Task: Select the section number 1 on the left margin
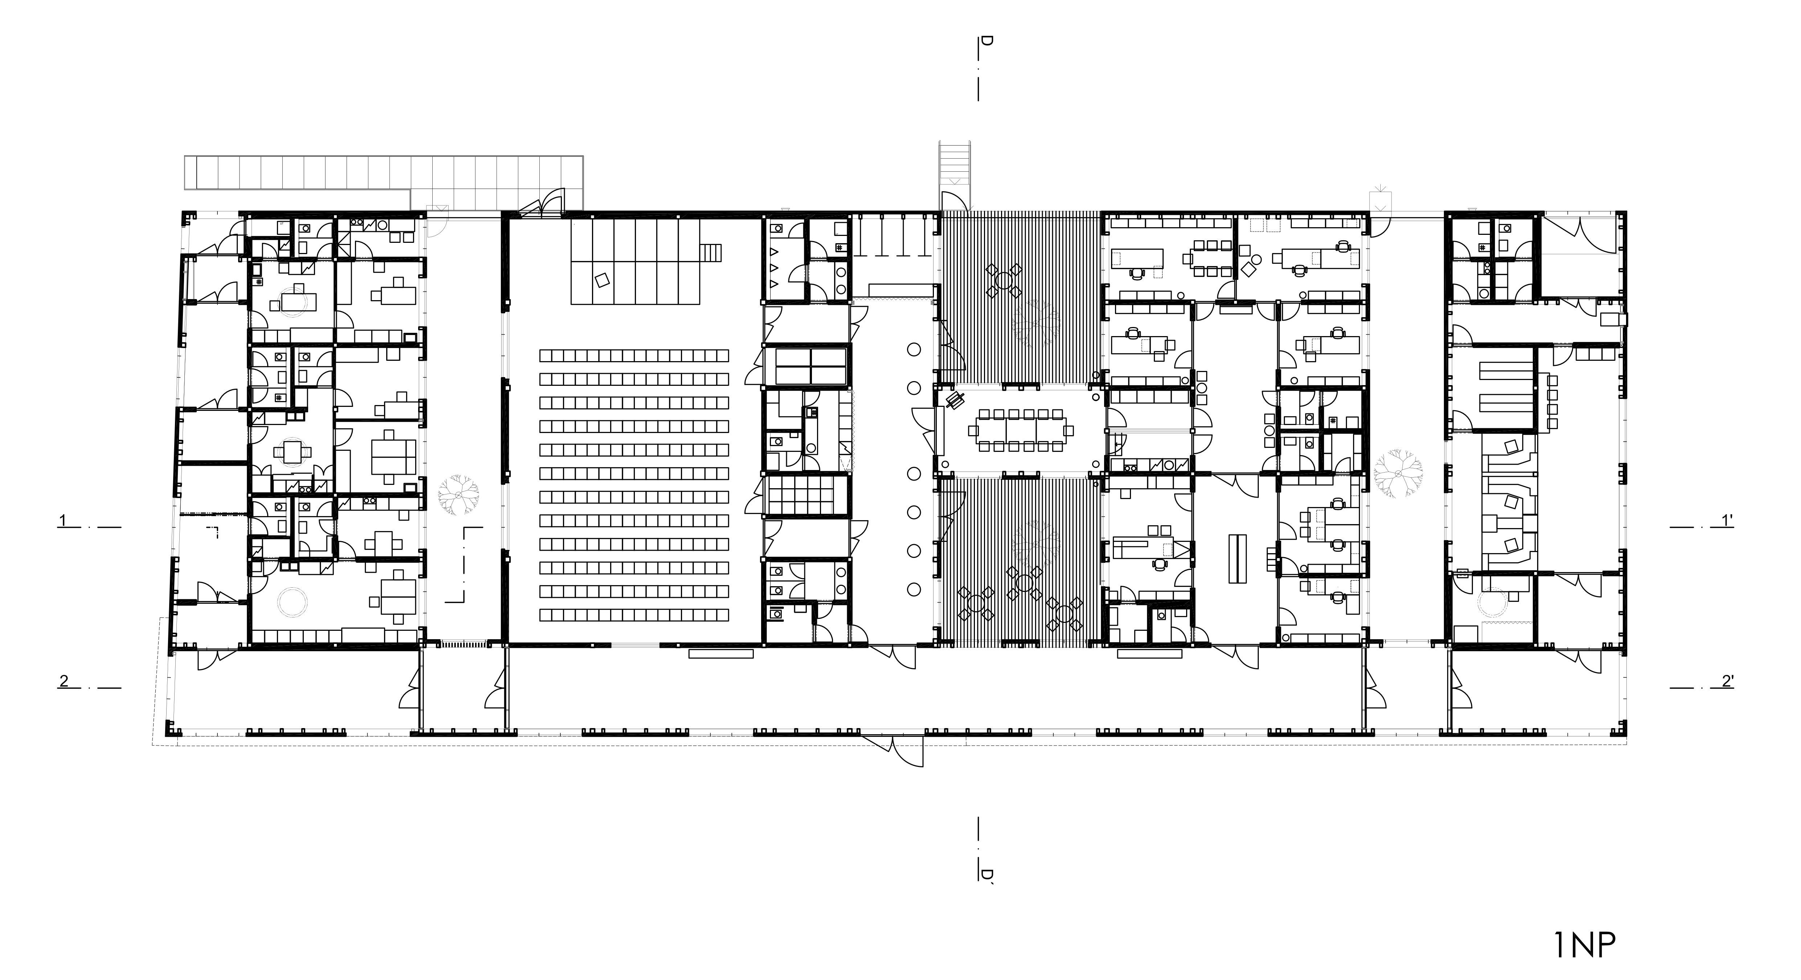[63, 520]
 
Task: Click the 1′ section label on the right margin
[1726, 520]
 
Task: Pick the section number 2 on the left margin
[64, 680]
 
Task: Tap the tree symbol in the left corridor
[458, 495]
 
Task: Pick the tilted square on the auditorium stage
[601, 279]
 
